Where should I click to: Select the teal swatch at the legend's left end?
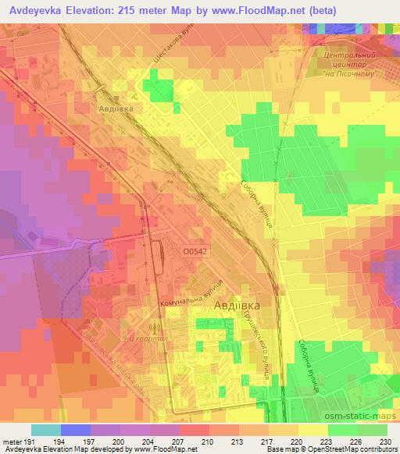[x=45, y=430]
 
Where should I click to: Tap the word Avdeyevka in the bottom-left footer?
[x=21, y=449]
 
